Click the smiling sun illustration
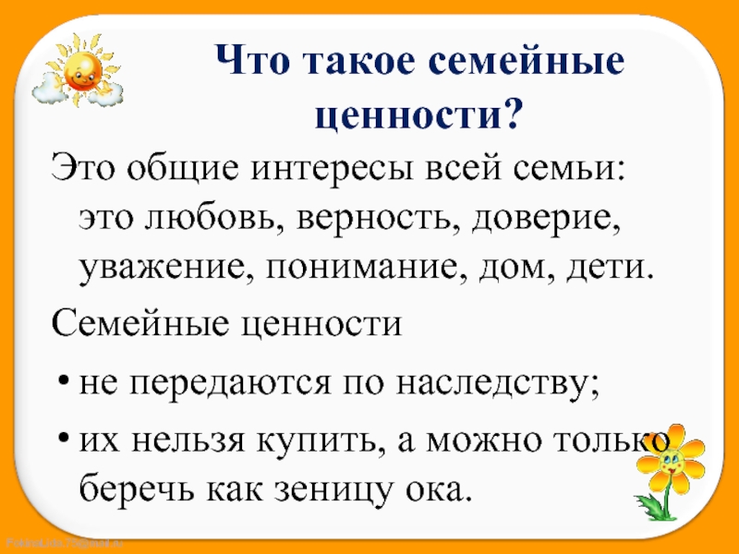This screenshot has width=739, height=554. [78, 70]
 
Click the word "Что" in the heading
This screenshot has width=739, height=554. [252, 60]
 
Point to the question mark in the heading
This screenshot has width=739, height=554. [513, 113]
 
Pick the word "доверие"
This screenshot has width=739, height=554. [547, 220]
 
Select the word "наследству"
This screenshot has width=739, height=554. [498, 384]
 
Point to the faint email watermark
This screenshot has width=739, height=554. [65, 543]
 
